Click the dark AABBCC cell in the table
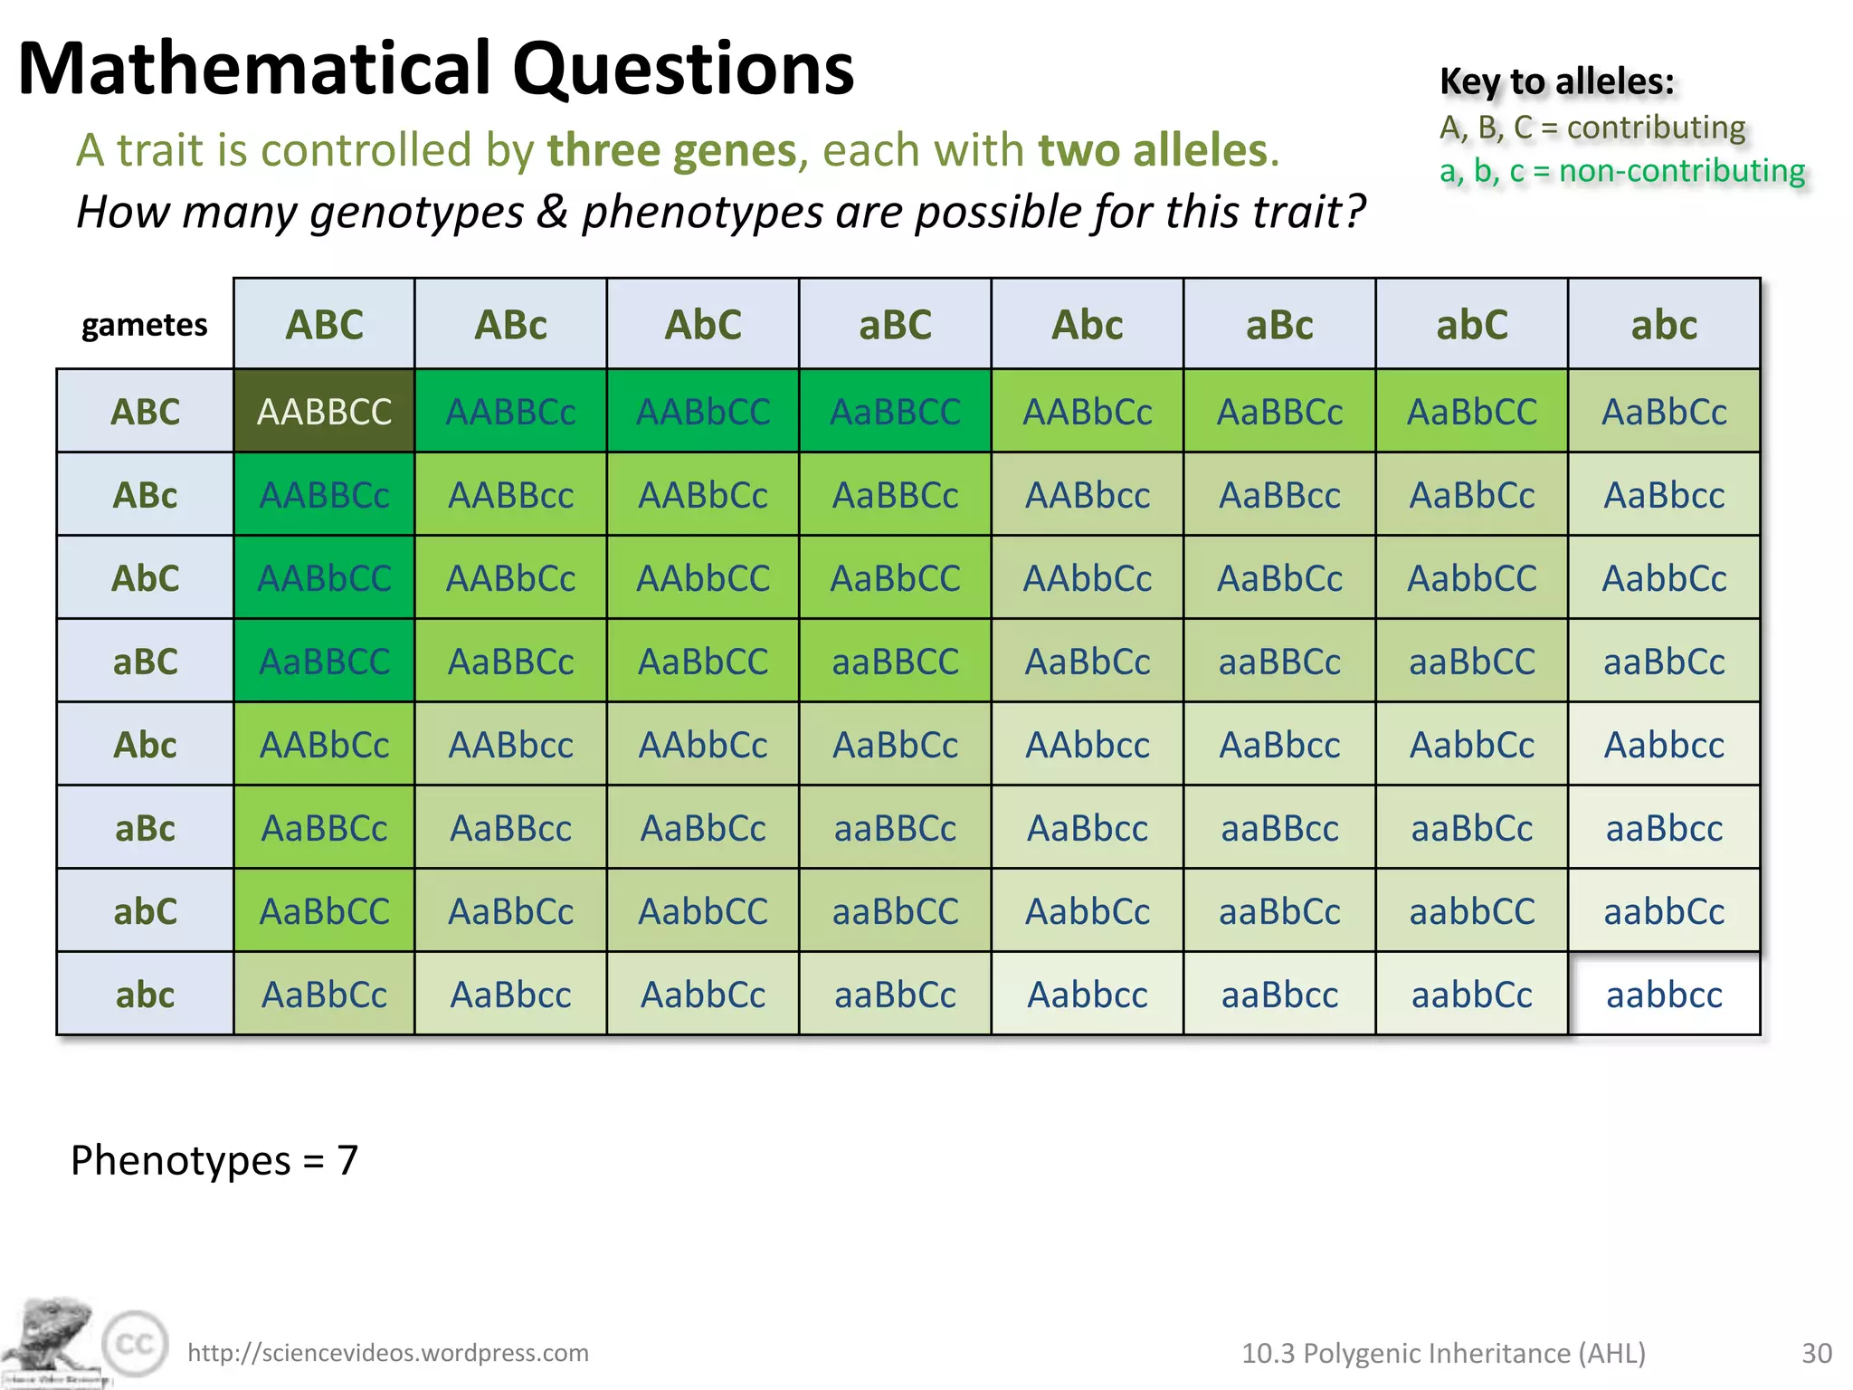[324, 412]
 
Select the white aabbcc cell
[1664, 995]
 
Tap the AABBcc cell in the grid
[511, 495]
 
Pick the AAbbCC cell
[703, 578]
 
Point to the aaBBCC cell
[895, 662]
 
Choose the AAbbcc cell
[1088, 745]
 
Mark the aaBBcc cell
[1279, 828]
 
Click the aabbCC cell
[1472, 911]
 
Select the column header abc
[1664, 325]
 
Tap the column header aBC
[895, 325]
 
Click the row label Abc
[145, 745]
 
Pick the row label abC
[145, 911]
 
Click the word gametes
[145, 325]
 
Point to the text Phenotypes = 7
[214, 1160]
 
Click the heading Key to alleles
[1556, 81]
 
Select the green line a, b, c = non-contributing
[1621, 170]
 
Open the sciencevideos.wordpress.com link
[387, 1353]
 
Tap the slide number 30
[1816, 1353]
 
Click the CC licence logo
[136, 1343]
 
